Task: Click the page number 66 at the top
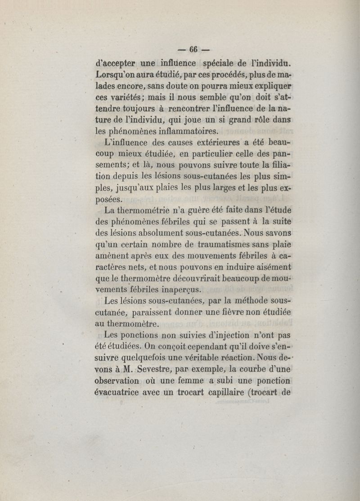193,49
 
